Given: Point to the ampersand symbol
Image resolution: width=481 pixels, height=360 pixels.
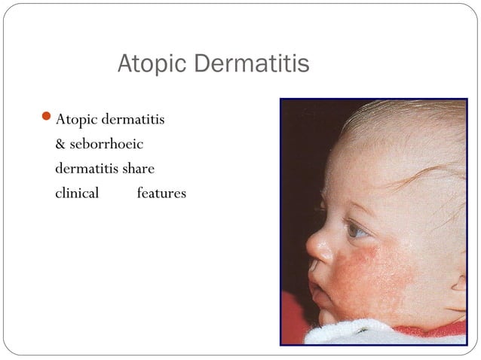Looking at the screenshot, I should click(x=61, y=144).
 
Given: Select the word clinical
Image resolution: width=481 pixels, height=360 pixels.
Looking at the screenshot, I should click(x=77, y=193).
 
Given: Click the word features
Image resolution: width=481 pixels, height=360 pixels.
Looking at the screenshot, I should click(x=161, y=193).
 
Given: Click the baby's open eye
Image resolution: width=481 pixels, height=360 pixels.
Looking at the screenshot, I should click(x=356, y=230).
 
